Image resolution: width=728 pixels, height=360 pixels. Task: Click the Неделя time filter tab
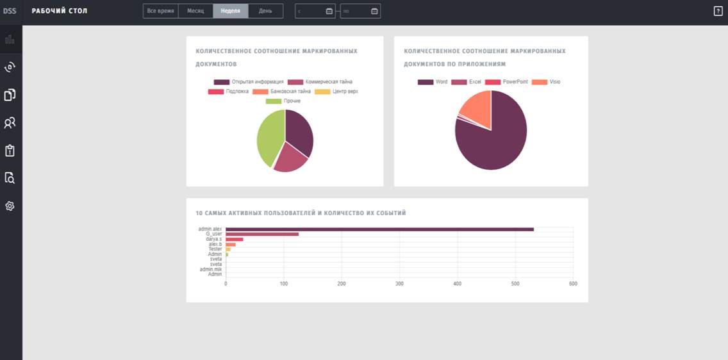[231, 11]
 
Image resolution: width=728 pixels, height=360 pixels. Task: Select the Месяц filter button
[195, 11]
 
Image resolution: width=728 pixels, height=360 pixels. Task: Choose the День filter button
[265, 11]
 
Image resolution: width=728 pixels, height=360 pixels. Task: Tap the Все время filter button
[160, 11]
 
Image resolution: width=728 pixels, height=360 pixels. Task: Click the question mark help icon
[718, 11]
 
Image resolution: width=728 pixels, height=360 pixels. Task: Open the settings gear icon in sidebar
[10, 206]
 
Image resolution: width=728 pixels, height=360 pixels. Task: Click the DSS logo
[10, 11]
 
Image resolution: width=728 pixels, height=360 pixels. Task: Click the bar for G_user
[262, 234]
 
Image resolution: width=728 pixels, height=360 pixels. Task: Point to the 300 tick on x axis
[399, 283]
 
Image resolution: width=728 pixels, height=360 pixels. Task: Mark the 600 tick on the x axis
[573, 283]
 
